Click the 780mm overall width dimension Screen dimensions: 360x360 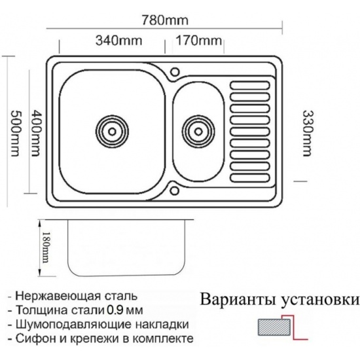[x=165, y=20]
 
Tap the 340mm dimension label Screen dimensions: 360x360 [x=118, y=41]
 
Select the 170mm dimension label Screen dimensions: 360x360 [x=199, y=41]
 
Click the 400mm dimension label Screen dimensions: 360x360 [x=36, y=133]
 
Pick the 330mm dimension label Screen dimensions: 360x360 [x=308, y=134]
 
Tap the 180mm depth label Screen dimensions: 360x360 [x=46, y=247]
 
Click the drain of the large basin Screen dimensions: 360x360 [x=112, y=132]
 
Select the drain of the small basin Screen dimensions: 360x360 [x=198, y=132]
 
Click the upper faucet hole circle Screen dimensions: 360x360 [x=175, y=71]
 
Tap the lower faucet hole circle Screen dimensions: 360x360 [x=175, y=190]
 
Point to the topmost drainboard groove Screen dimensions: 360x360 [x=250, y=85]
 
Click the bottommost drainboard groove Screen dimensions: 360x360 [x=250, y=178]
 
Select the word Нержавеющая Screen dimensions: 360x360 [x=58, y=296]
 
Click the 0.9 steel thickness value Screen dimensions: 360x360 [x=114, y=310]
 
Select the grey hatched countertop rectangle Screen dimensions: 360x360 [x=274, y=327]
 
